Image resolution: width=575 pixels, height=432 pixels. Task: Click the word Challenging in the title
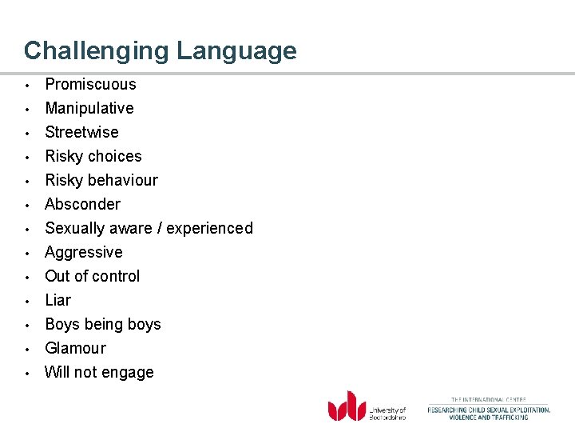(x=97, y=51)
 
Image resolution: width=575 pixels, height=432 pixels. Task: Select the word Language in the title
(x=236, y=51)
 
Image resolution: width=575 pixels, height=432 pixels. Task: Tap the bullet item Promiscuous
(x=90, y=84)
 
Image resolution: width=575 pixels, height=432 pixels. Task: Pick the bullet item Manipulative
(x=89, y=108)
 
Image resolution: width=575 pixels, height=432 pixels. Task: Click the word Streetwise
(x=81, y=132)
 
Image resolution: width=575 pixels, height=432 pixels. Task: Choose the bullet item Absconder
(x=82, y=204)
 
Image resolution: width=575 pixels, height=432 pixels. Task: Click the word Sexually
(x=75, y=228)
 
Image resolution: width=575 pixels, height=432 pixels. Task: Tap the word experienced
(x=210, y=228)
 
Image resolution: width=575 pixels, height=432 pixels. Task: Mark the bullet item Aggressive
(x=84, y=252)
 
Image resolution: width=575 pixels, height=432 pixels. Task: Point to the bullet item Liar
(x=57, y=300)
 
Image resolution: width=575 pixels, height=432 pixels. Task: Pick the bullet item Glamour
(x=75, y=348)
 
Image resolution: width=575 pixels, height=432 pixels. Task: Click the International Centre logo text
(x=489, y=408)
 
